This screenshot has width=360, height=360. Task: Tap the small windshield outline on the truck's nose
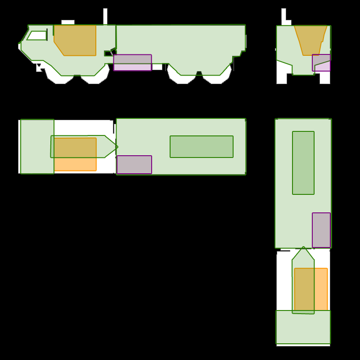37,36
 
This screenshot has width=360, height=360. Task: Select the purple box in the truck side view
132,63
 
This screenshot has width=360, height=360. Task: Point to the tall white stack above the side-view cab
105,16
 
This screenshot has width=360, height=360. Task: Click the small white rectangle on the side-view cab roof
67,22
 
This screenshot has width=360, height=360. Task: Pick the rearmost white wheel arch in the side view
216,80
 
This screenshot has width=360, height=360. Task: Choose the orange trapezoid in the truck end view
310,40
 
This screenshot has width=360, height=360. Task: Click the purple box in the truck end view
321,63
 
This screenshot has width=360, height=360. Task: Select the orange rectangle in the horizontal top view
76,154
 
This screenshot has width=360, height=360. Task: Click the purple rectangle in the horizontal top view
134,165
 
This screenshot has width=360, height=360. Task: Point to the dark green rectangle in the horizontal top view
201,147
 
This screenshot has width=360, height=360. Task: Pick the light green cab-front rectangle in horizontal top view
37,146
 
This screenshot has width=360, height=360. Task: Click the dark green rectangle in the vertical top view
303,163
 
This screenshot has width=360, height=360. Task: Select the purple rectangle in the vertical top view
321,230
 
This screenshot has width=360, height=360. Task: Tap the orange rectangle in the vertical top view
311,290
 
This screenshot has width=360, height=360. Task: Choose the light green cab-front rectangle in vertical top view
303,327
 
